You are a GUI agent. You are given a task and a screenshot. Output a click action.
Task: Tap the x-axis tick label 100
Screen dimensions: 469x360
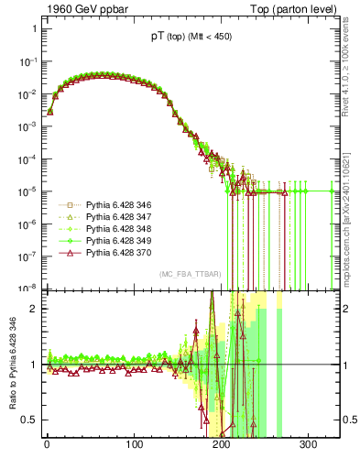135,445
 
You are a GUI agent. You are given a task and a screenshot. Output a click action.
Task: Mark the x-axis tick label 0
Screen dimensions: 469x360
47,445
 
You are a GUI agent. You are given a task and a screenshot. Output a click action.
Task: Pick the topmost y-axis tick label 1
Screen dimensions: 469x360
34,28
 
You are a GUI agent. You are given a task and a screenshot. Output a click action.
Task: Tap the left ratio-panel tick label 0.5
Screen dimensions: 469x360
30,420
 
